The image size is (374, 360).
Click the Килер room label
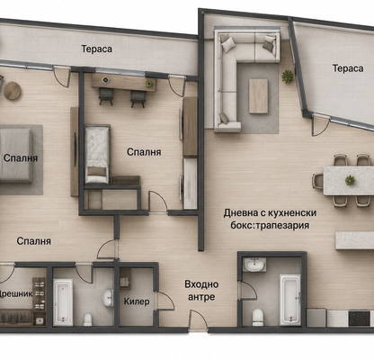[x=137, y=301]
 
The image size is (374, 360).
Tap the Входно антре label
[x=201, y=291]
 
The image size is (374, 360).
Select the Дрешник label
[x=15, y=293]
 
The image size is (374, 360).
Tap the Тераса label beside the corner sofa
[x=348, y=68]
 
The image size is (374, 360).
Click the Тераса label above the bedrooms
[x=97, y=49]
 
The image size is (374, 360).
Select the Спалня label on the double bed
[x=21, y=158]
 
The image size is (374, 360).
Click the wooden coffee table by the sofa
[x=258, y=96]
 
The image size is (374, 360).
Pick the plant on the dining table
[x=350, y=180]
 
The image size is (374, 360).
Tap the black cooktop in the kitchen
[x=360, y=319]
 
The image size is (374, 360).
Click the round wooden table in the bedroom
[x=13, y=91]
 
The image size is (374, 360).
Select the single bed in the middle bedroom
[x=97, y=155]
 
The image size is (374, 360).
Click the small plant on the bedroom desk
[x=149, y=83]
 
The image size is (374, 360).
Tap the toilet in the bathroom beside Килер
[x=88, y=319]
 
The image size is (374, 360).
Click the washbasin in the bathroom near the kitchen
[x=254, y=265]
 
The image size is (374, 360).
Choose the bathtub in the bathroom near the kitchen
[x=290, y=300]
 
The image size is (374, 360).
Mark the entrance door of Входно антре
[x=199, y=321]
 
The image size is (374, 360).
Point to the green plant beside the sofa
[x=288, y=76]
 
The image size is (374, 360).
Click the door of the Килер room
[x=165, y=301]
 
